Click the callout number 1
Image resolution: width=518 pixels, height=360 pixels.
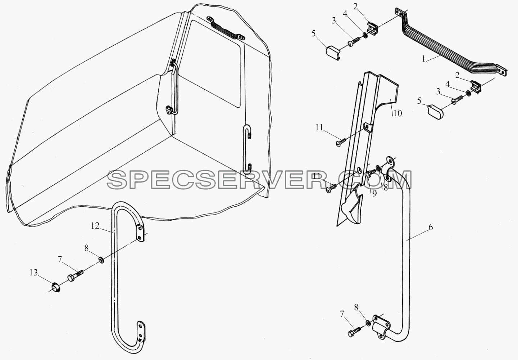423,59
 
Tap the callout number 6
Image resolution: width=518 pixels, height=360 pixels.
430,227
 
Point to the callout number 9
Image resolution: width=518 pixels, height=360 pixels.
374,193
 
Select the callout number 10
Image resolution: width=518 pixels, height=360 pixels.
397,113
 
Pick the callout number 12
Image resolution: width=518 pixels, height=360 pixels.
95,226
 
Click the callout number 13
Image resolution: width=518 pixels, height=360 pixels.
33,273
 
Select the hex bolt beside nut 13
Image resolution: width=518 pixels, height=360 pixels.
75,275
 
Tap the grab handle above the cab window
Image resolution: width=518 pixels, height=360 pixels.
226,29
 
